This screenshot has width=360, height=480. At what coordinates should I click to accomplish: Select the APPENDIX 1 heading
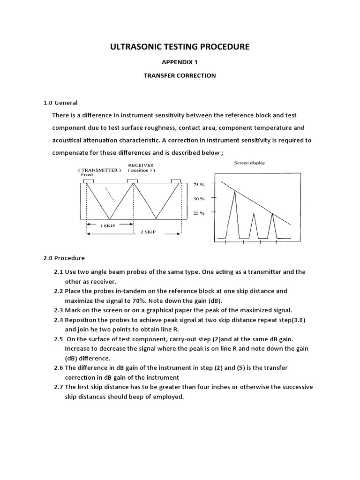click(180, 62)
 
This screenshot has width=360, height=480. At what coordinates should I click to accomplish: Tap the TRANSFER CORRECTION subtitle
click(180, 75)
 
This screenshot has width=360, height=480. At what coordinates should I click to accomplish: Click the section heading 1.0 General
click(60, 103)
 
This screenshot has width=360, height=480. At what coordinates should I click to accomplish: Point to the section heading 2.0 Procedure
click(64, 258)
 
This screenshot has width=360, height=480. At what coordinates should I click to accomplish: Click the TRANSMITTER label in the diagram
click(99, 170)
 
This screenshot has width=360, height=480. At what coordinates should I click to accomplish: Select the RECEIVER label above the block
click(141, 165)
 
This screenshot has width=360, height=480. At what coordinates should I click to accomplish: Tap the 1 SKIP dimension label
click(108, 225)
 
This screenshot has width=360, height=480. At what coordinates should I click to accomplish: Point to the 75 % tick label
click(199, 185)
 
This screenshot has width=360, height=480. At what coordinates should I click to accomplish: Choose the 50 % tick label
click(199, 199)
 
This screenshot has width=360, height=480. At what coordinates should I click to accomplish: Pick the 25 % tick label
click(199, 213)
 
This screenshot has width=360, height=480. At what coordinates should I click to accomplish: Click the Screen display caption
click(249, 163)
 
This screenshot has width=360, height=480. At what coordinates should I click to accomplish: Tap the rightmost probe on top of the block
click(176, 181)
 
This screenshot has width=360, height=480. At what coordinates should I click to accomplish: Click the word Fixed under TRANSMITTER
click(87, 174)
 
